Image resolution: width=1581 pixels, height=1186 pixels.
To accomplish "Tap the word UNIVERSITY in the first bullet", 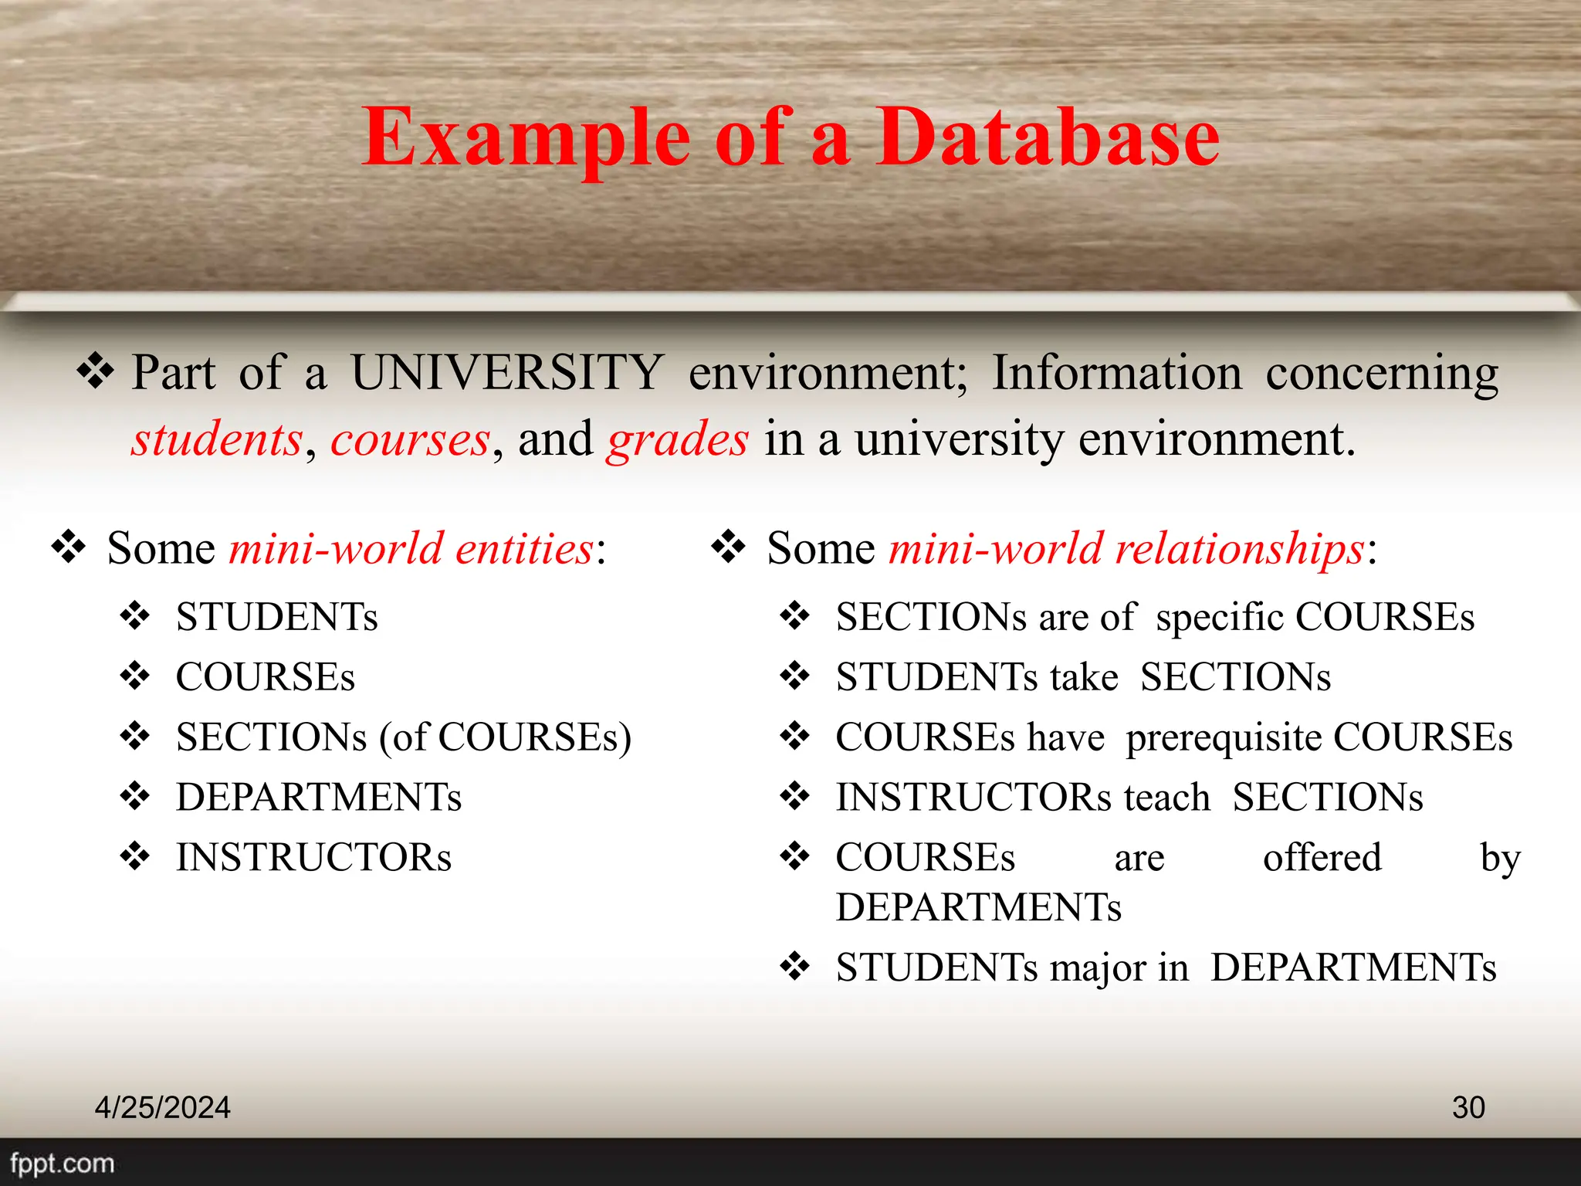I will [507, 373].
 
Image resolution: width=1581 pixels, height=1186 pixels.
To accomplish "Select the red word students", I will [217, 439].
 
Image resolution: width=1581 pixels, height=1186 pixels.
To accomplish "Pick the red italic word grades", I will [678, 441].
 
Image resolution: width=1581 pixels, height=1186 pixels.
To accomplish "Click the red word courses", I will [410, 439].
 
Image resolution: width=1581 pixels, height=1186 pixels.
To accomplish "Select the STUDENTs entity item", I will [276, 617].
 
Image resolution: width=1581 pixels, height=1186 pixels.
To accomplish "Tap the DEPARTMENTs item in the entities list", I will [318, 798].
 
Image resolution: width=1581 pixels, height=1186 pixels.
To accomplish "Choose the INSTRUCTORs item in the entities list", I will [313, 858].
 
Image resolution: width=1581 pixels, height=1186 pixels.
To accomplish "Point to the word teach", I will [1166, 798].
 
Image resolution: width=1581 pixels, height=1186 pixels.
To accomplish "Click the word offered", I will [1322, 858].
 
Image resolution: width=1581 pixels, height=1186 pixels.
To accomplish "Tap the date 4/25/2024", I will [162, 1107].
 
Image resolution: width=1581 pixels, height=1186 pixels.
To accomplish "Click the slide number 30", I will [1468, 1107].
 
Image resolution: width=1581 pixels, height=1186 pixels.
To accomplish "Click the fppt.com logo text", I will [62, 1163].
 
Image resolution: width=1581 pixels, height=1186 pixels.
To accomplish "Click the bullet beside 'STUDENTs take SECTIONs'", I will [794, 676].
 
